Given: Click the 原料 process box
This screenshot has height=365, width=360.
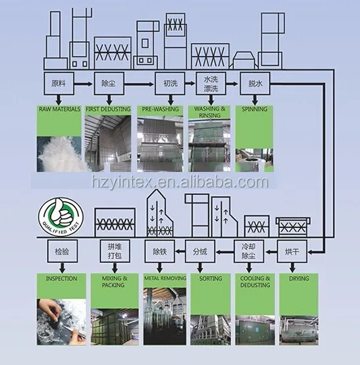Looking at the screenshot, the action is [59, 83].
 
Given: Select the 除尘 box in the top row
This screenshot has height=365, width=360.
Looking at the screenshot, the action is [109, 83].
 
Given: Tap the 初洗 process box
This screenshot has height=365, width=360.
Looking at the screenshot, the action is [170, 83].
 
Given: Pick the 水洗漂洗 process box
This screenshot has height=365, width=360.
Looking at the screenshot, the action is [211, 83].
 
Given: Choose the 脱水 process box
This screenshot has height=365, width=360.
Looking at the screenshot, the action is [255, 83].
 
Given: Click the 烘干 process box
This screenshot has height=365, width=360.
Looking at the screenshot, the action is [292, 252].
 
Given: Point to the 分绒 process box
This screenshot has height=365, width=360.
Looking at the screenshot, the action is [200, 252].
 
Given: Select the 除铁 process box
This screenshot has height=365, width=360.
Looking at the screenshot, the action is [160, 252].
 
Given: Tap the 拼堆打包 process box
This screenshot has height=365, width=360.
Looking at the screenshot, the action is [115, 252].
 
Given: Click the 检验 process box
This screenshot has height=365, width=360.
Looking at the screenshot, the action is [63, 252].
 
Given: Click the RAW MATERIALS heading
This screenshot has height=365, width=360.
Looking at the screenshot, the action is [59, 109].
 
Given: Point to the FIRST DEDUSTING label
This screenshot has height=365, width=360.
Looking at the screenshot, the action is [108, 109].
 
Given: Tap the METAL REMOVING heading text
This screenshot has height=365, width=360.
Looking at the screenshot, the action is [165, 278].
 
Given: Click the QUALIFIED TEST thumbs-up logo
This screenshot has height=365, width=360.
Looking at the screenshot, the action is [61, 216].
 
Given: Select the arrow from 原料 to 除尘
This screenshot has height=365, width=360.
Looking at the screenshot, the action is [84, 84].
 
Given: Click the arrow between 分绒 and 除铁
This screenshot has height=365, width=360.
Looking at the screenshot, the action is [180, 252].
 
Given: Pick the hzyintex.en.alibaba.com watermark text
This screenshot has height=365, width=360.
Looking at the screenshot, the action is [180, 182].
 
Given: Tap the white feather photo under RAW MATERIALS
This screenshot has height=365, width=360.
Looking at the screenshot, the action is [59, 154].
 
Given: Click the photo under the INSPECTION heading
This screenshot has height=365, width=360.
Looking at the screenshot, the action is [61, 322].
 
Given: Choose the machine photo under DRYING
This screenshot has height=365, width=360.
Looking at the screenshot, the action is [299, 330].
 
